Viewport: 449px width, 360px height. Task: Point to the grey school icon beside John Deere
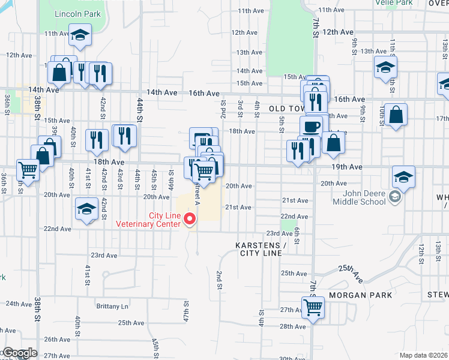(394, 196)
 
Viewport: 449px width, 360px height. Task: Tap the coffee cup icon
(311, 127)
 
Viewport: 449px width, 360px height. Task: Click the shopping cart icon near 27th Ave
(313, 307)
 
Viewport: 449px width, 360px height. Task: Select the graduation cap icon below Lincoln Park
(79, 35)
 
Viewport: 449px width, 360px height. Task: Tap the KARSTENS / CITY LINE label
(261, 249)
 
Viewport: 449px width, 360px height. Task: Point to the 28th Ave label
(293, 326)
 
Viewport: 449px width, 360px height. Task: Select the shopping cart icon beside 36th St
(28, 170)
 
